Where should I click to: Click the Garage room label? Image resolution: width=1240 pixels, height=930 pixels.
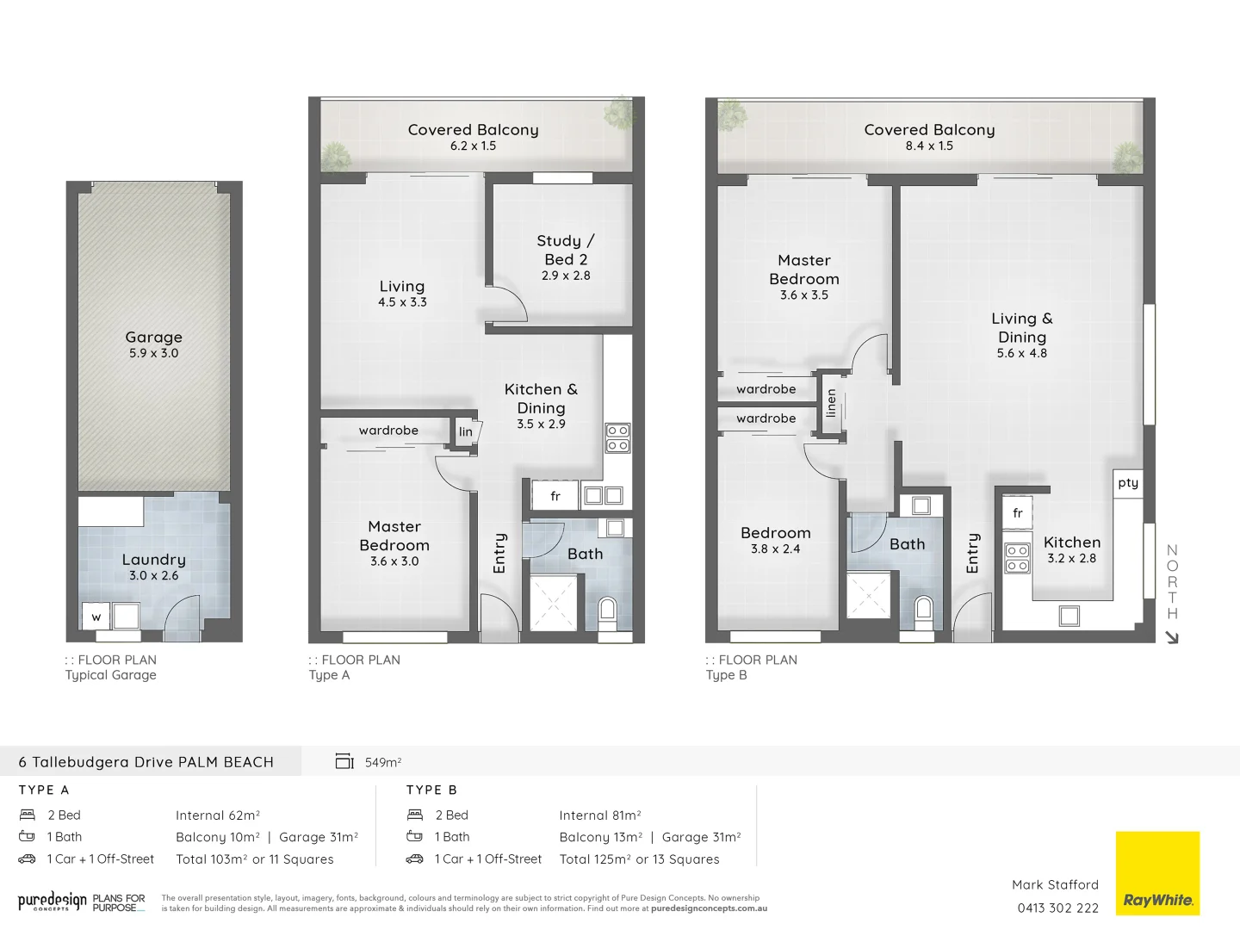tap(153, 338)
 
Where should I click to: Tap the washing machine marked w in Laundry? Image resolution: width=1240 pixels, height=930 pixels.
tap(96, 617)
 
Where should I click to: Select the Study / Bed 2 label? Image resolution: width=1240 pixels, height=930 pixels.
tap(565, 250)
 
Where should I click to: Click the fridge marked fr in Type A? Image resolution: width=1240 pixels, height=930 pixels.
tap(555, 496)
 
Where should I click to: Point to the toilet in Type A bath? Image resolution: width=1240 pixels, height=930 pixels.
tap(608, 611)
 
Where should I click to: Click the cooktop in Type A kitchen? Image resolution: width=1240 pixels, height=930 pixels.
tap(617, 437)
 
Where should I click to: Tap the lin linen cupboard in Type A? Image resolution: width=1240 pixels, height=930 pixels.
tap(466, 432)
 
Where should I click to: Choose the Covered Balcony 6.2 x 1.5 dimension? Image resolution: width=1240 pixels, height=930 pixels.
tap(473, 146)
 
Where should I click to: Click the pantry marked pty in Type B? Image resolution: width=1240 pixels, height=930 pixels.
tap(1128, 483)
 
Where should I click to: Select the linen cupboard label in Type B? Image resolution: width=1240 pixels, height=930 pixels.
tap(831, 403)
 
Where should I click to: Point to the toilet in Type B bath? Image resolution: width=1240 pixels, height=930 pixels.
tap(924, 609)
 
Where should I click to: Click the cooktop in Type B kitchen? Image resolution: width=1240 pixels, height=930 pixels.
tap(1017, 558)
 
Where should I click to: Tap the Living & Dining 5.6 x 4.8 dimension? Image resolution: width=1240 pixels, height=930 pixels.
tap(1021, 353)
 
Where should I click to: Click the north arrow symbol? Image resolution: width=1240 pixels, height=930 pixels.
tap(1171, 637)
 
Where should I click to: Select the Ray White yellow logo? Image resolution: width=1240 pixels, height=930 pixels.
tap(1157, 873)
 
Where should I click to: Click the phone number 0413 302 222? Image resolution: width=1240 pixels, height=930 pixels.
tap(1057, 908)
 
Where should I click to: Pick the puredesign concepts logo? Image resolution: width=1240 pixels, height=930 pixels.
tap(53, 902)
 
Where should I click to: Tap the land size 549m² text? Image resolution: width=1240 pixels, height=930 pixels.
tap(383, 762)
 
